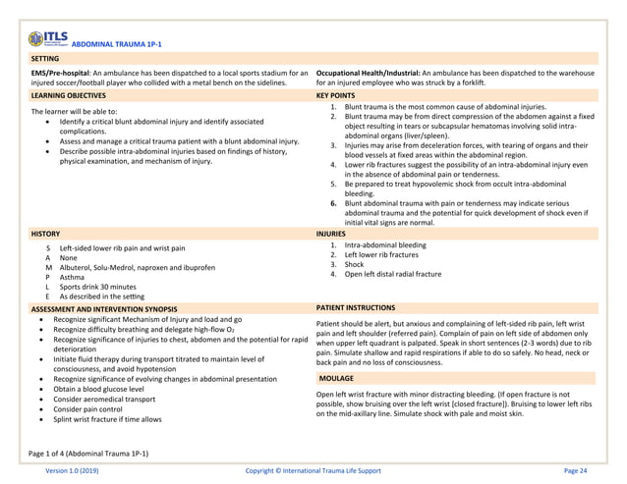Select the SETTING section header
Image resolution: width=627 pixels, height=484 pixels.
click(45, 59)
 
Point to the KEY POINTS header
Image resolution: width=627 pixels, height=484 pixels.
click(336, 96)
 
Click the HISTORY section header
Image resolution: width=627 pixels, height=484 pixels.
click(46, 236)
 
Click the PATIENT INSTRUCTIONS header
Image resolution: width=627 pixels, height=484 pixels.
click(356, 308)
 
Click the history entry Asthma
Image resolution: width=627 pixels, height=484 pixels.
click(72, 277)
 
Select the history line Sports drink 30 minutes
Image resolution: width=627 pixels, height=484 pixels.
click(99, 286)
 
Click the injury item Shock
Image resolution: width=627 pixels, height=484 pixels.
click(354, 264)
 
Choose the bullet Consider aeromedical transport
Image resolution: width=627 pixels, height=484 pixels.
click(103, 400)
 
